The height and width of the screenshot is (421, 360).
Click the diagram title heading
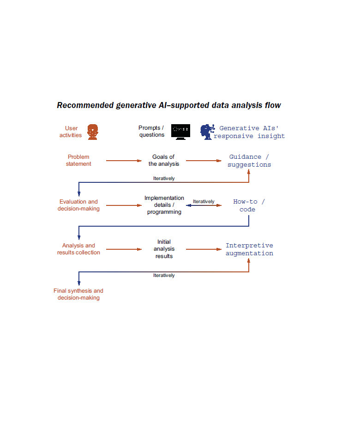(x=168, y=105)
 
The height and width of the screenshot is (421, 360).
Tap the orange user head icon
(x=93, y=132)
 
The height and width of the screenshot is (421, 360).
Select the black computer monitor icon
(x=180, y=132)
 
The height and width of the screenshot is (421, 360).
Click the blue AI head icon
(x=206, y=132)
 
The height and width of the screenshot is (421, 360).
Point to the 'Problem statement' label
(x=78, y=160)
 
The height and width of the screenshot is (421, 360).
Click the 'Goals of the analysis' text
(x=164, y=160)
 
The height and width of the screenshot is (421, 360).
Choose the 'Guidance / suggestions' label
(x=249, y=161)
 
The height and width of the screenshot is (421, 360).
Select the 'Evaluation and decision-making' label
(x=78, y=205)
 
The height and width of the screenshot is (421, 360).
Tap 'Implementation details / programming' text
(x=164, y=205)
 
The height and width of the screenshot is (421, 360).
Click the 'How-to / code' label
(x=249, y=205)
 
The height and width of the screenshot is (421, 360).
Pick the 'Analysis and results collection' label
(x=78, y=249)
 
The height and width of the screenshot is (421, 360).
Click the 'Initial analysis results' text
(x=164, y=249)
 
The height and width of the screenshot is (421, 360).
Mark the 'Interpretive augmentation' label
(x=249, y=249)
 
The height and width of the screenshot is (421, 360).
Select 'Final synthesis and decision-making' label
(x=78, y=294)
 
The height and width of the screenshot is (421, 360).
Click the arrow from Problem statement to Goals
(x=124, y=161)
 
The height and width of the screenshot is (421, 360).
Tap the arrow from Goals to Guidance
(x=204, y=161)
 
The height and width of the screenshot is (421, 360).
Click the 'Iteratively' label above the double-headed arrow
(x=204, y=201)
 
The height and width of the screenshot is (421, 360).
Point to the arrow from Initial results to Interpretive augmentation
(x=204, y=249)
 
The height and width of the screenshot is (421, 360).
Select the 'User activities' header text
(x=71, y=132)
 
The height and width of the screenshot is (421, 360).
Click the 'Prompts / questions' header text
(x=151, y=132)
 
